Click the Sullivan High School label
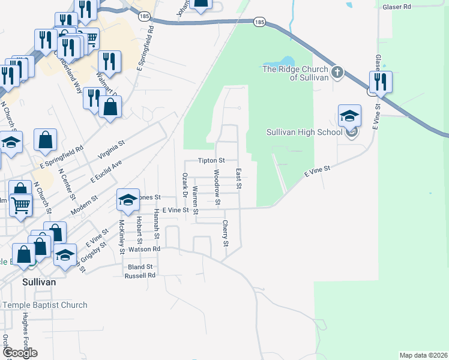pos(304,132)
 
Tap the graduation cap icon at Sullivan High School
pos(349,115)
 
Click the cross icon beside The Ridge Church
pos(337,73)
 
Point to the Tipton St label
pos(211,161)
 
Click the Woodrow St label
pos(217,182)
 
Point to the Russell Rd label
pos(140,275)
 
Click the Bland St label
pos(141,266)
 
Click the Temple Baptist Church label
pos(44,305)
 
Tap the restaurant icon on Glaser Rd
pos(381,82)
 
